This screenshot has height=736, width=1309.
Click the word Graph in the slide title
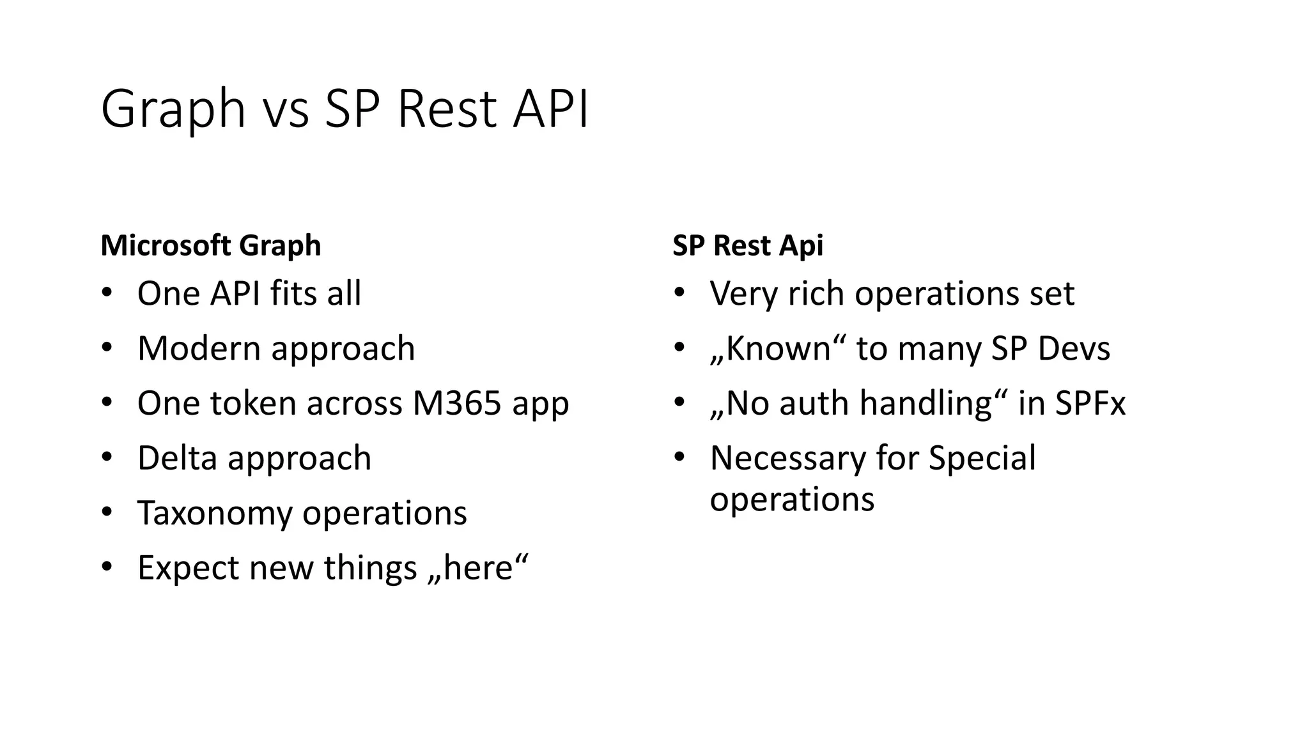pyautogui.click(x=173, y=110)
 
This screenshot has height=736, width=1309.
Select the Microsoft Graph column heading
pyautogui.click(x=211, y=246)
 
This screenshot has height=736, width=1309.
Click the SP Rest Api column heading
pyautogui.click(x=748, y=246)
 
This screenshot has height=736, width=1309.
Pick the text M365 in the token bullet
pyautogui.click(x=457, y=404)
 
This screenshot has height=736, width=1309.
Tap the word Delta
pyautogui.click(x=177, y=459)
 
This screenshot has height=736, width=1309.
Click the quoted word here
pyautogui.click(x=479, y=569)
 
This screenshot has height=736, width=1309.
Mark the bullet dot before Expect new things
pyautogui.click(x=107, y=567)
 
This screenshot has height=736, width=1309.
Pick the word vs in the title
pyautogui.click(x=285, y=110)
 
